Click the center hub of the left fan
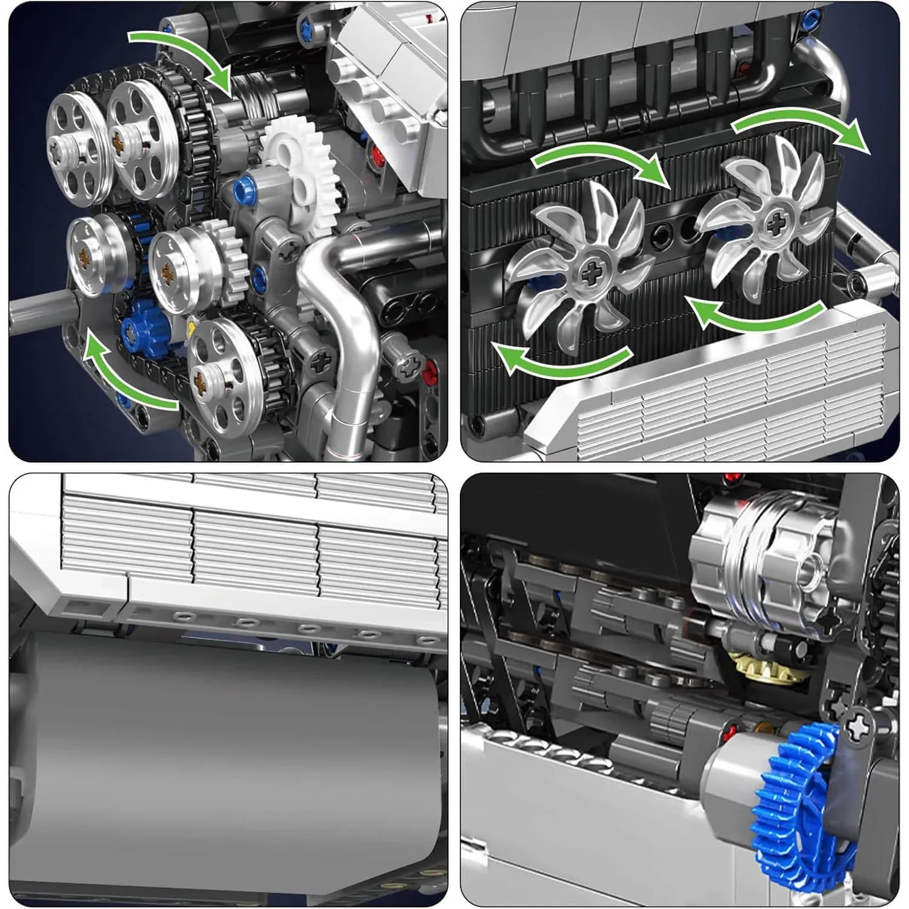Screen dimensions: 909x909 [x=591, y=274]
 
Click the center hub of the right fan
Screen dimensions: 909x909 [x=774, y=224]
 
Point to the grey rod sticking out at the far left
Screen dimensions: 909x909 [x=36, y=311]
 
